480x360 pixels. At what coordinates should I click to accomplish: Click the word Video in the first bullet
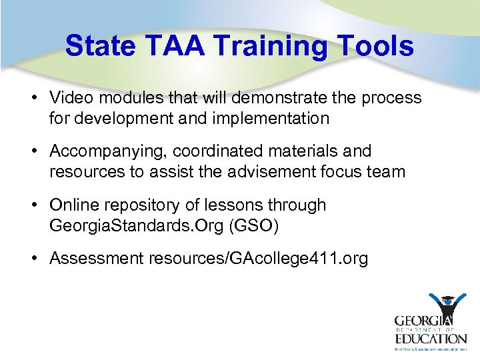pos(71,98)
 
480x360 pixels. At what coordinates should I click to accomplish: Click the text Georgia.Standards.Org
pos(137,225)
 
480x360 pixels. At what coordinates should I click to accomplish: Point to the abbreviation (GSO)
pos(253,225)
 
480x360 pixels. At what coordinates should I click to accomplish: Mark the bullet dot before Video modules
pos(33,98)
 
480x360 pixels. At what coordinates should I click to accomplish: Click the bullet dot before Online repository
pos(33,205)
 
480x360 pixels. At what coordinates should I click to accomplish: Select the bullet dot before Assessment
pos(33,258)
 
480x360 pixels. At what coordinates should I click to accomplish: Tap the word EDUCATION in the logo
pos(429,339)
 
